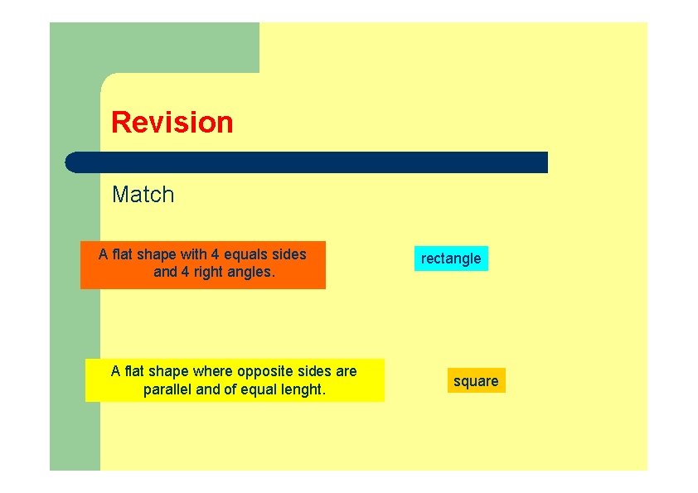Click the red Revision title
(172, 123)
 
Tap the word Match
(143, 195)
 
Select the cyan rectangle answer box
(451, 259)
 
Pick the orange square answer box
(476, 381)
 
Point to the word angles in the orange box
(250, 272)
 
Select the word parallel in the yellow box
(167, 389)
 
